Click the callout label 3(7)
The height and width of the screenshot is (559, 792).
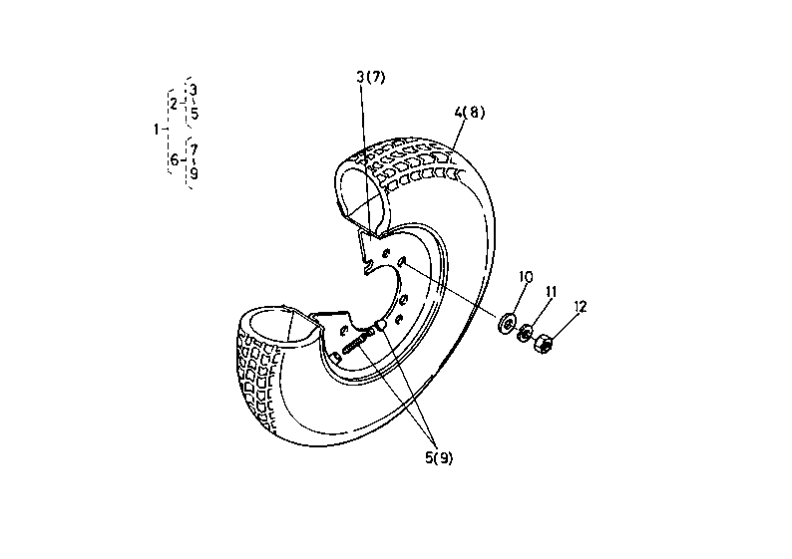tap(371, 77)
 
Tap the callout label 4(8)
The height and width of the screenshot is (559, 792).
tap(469, 112)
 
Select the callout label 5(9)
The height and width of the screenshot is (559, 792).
tap(439, 458)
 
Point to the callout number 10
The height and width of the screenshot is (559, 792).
tap(526, 277)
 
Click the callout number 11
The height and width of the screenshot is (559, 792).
tap(551, 292)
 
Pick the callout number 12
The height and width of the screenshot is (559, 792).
tap(581, 307)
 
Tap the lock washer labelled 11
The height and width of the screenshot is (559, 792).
tap(525, 333)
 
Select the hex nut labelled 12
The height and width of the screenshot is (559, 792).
tap(543, 343)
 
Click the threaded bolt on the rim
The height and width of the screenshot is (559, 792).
tap(357, 342)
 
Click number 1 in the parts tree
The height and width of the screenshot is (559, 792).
tap(156, 130)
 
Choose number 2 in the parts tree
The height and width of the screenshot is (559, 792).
tap(174, 105)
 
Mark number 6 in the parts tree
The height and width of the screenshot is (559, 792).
tap(175, 160)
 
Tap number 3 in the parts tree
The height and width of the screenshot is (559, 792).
tap(194, 91)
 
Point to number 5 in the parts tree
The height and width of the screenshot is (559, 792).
tap(195, 114)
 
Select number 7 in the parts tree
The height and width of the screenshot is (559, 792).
tap(194, 149)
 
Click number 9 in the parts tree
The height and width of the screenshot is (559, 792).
tap(194, 173)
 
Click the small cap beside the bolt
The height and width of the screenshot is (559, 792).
tap(381, 325)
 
